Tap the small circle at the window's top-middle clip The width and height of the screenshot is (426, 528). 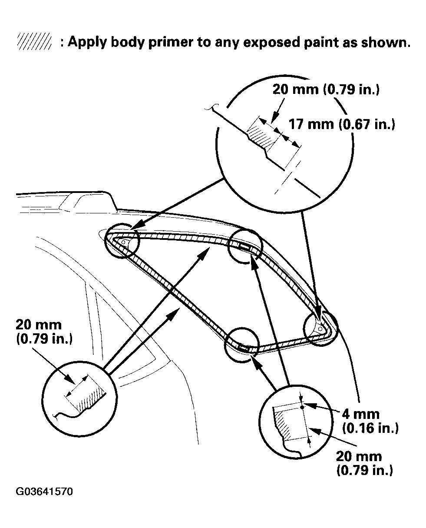tap(245, 246)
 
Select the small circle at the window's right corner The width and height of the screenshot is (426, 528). tap(320, 328)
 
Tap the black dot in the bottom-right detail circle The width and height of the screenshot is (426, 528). tap(303, 407)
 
